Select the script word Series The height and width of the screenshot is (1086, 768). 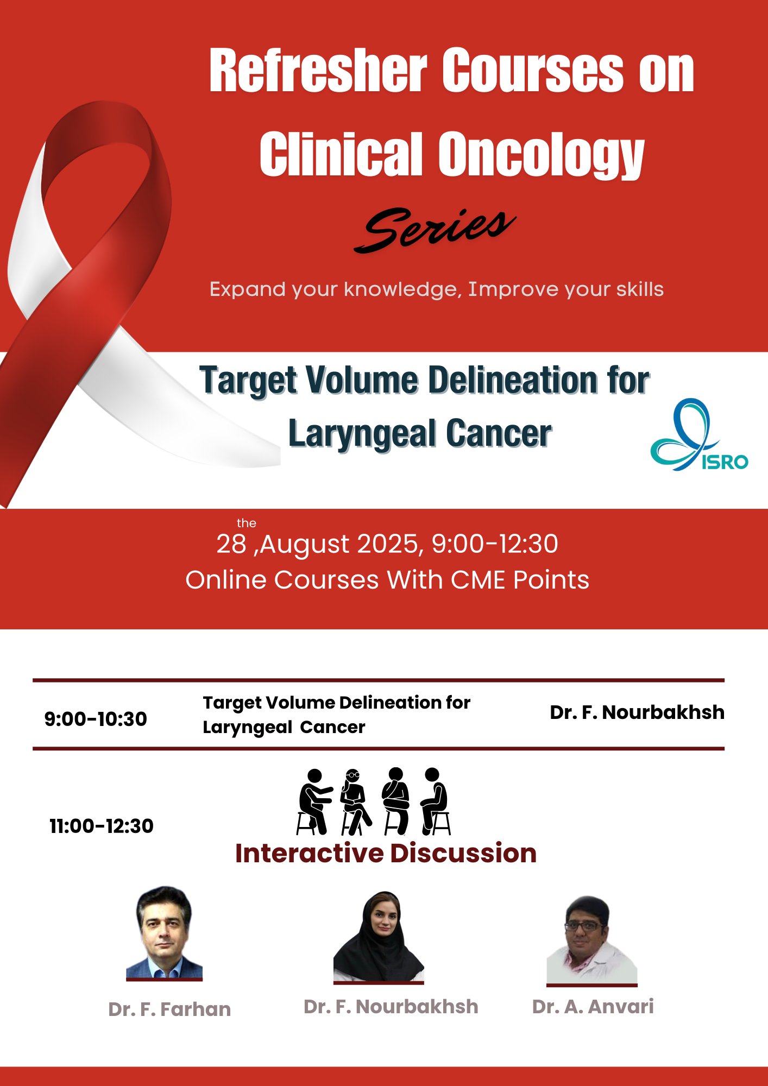click(x=435, y=229)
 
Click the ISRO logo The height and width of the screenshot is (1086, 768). click(x=700, y=434)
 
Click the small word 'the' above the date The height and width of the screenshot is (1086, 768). click(x=247, y=523)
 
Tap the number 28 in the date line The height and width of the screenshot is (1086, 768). click(x=231, y=544)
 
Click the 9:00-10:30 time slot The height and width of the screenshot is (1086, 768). click(x=96, y=719)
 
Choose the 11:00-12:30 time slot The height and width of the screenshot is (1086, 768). click(x=102, y=826)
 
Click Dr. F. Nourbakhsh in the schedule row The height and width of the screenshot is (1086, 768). click(x=637, y=712)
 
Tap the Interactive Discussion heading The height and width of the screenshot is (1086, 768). click(x=386, y=853)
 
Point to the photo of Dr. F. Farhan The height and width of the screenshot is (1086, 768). click(x=164, y=932)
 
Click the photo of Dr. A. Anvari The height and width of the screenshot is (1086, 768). click(x=592, y=940)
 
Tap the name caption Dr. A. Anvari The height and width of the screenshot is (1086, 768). click(x=593, y=1006)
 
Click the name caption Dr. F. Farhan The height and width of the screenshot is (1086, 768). click(x=169, y=1009)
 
